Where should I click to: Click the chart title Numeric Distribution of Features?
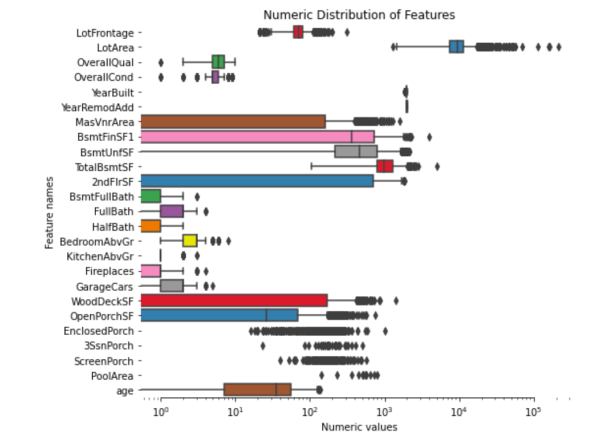[359, 15]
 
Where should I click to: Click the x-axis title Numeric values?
[359, 426]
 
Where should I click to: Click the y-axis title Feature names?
[50, 212]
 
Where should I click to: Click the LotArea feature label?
[112, 47]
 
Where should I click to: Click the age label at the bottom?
[124, 391]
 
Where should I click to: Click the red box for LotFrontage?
[298, 32]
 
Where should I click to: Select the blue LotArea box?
[456, 47]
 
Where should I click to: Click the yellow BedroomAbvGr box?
[190, 241]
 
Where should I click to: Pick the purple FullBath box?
[172, 211]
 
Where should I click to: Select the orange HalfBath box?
[151, 226]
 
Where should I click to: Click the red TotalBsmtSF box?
[385, 166]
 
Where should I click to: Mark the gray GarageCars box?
[172, 286]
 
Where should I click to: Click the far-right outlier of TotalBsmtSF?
[437, 166]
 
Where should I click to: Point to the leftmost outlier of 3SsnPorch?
[263, 345]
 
